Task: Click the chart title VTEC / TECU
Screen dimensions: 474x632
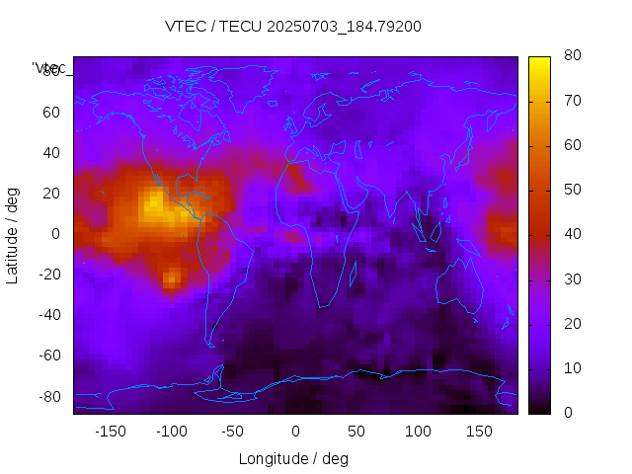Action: (x=212, y=27)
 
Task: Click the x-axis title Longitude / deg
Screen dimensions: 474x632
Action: (x=293, y=459)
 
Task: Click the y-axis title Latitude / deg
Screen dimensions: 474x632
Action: (x=13, y=234)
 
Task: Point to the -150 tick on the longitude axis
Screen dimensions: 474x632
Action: (x=110, y=432)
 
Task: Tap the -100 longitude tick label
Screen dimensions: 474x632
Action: (x=171, y=432)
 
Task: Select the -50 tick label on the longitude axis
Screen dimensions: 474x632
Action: (x=233, y=432)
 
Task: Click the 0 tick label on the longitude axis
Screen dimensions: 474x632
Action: (x=295, y=432)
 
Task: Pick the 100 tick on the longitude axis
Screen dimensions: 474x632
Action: (x=419, y=432)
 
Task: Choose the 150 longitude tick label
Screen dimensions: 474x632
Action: (x=480, y=432)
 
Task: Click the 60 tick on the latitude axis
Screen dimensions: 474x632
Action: (x=51, y=113)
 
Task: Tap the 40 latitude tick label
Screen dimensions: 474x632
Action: (x=51, y=153)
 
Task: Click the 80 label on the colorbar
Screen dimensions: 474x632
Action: (x=571, y=56)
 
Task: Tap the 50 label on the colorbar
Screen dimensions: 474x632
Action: (x=571, y=190)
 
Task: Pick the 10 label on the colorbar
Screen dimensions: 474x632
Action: (x=571, y=368)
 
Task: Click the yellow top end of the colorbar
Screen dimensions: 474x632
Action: (x=539, y=62)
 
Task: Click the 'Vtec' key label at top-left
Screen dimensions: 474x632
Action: (x=49, y=68)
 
